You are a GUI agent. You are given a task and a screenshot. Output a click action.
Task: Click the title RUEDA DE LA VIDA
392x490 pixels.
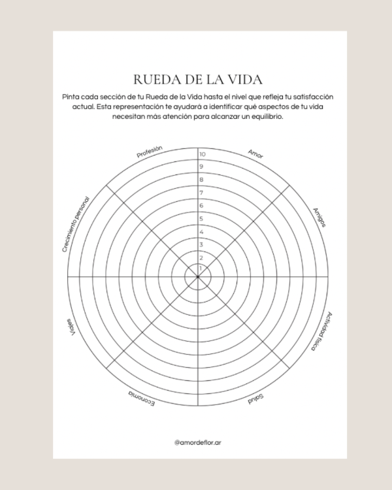click(198, 79)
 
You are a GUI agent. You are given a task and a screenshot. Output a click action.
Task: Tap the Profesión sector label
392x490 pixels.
click(150, 152)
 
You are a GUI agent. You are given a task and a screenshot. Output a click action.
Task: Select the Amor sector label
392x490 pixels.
click(255, 154)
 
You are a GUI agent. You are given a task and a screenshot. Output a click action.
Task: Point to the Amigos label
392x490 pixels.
click(319, 218)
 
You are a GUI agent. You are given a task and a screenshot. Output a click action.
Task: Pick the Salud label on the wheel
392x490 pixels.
click(255, 399)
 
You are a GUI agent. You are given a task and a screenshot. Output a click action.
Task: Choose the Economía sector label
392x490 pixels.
click(141, 399)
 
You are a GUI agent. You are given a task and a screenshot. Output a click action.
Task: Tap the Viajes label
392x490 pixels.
click(71, 327)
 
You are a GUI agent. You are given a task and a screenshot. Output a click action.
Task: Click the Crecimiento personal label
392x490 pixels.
click(76, 224)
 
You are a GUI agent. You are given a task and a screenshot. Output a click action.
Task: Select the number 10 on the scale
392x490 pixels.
click(203, 154)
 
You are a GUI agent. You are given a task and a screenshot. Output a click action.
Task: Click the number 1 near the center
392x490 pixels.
click(201, 268)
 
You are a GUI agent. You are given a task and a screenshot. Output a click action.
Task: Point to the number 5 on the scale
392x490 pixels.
click(201, 219)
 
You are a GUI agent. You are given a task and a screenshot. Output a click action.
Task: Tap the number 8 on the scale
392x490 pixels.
click(201, 180)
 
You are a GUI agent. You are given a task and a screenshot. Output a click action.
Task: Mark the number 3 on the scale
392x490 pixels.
click(201, 245)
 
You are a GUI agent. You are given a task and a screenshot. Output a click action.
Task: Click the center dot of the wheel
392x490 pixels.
click(198, 277)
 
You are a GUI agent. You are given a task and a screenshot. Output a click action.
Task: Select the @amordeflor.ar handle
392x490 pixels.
click(198, 442)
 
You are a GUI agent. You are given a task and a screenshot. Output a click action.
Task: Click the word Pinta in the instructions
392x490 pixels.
click(71, 97)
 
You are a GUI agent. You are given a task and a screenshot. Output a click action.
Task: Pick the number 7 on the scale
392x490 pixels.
click(201, 193)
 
